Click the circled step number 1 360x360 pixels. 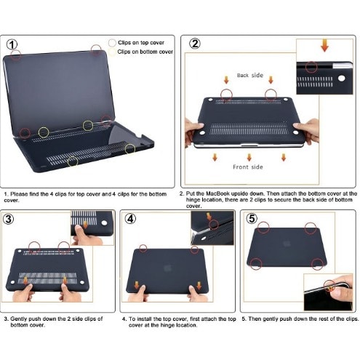point(12,44)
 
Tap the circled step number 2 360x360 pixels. point(195,44)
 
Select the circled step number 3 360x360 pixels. point(9,219)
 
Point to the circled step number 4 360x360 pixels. point(130,219)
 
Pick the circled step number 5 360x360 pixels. point(252,218)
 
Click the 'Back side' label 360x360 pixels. point(250,76)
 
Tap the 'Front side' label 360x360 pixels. point(248,167)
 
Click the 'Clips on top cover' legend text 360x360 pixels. point(141,43)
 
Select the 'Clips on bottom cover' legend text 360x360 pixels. point(145,52)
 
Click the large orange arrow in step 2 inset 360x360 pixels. point(324,45)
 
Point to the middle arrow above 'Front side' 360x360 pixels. point(249,157)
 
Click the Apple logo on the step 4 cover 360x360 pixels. point(167,268)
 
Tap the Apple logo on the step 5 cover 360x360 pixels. point(287,244)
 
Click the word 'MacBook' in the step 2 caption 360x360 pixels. point(217,193)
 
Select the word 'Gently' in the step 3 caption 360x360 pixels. point(18,319)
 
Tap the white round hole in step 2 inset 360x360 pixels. point(341,79)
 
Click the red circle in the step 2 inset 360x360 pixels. point(311,67)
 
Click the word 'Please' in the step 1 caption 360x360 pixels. point(19,194)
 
